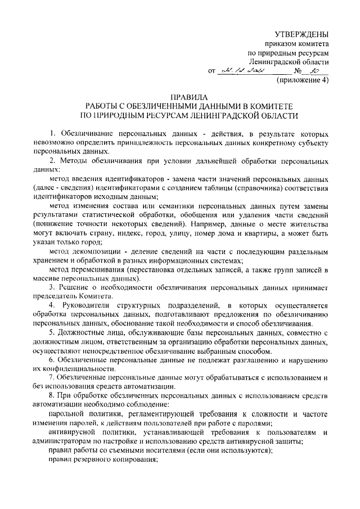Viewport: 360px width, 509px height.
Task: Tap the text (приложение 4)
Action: [x=301, y=80]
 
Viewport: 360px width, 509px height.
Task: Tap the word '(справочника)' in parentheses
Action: [x=238, y=188]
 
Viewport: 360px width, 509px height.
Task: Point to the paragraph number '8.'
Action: [x=52, y=396]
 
